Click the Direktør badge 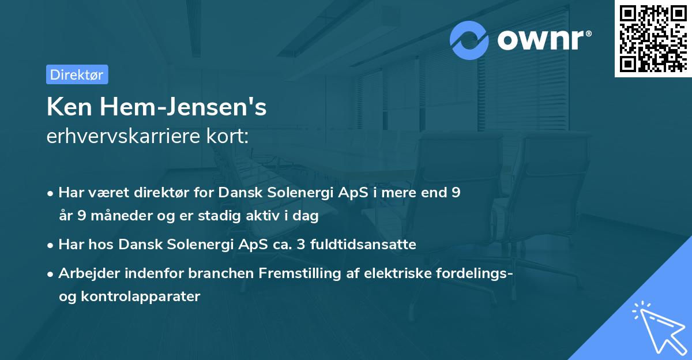(77, 75)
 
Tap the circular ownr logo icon (469, 40)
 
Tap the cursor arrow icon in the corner (659, 329)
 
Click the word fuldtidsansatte (363, 245)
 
